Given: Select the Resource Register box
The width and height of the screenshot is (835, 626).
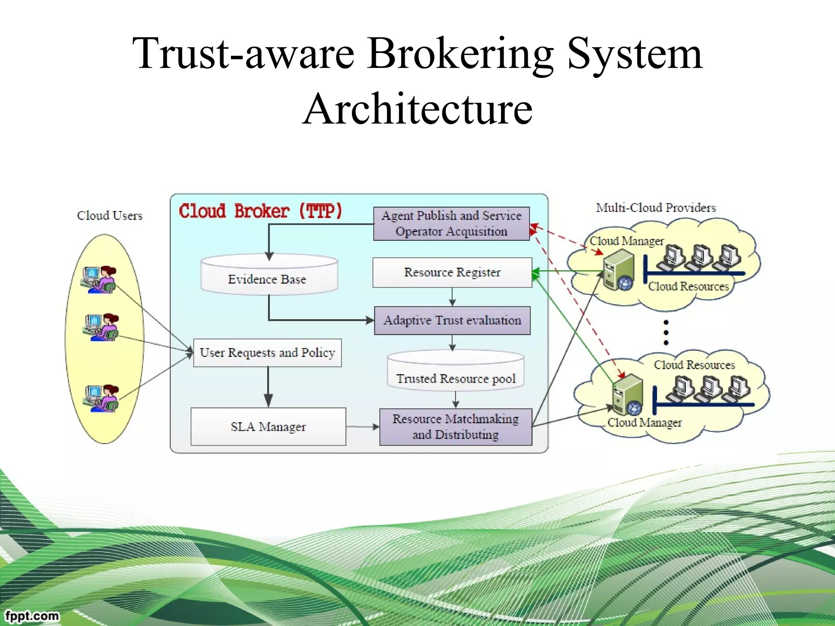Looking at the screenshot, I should [452, 272].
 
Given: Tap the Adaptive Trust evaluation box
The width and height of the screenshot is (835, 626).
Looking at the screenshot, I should [452, 320].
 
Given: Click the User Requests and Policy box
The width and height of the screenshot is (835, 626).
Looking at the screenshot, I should [267, 353].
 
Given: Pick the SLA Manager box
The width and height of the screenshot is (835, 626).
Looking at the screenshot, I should [268, 426].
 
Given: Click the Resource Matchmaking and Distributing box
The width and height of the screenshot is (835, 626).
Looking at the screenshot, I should [455, 427].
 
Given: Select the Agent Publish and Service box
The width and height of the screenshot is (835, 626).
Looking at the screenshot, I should [451, 223].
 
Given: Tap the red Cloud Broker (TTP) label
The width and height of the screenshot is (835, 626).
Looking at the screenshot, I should [260, 211].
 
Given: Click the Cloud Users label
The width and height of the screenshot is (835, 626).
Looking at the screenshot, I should [110, 216].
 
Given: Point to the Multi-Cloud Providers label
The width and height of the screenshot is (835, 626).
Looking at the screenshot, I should [656, 208].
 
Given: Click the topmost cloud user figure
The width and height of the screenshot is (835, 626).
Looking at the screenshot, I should [100, 280].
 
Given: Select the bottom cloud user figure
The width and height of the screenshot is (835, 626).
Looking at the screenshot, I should [101, 398].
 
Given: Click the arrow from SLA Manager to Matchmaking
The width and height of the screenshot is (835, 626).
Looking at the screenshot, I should [362, 427].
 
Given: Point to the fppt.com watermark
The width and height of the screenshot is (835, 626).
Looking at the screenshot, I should [32, 615].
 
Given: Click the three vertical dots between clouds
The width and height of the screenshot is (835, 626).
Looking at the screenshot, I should [666, 333].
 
